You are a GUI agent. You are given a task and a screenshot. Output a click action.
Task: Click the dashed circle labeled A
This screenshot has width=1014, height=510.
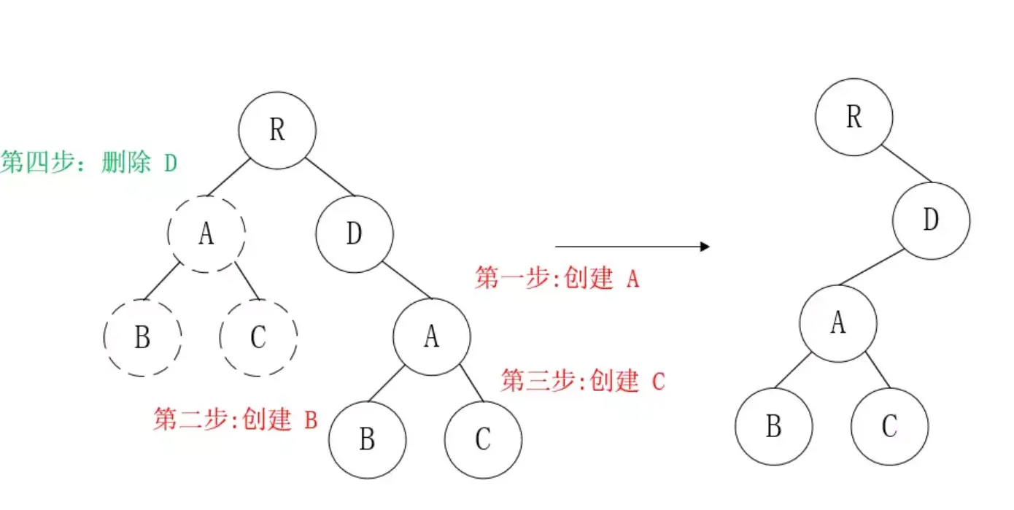[206, 234]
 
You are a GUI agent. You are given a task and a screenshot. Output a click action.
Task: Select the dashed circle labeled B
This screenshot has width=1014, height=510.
[142, 338]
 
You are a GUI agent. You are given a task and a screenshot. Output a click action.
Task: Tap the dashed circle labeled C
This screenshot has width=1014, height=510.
[258, 338]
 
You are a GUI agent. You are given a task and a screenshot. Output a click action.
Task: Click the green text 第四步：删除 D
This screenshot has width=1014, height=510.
[89, 162]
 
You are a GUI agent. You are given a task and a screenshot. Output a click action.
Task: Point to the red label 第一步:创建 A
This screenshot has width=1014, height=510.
[557, 278]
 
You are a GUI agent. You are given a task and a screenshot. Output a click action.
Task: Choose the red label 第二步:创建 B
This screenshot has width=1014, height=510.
[235, 420]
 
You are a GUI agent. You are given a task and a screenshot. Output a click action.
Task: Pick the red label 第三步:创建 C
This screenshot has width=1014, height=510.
[582, 380]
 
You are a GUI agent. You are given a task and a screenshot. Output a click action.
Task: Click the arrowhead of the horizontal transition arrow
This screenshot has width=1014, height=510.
[705, 247]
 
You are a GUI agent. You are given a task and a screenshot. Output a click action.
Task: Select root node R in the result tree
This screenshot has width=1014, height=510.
[854, 117]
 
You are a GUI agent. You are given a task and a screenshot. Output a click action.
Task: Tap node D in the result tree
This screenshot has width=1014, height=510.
[931, 220]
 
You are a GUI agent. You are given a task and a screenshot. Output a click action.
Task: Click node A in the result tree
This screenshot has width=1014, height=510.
[837, 323]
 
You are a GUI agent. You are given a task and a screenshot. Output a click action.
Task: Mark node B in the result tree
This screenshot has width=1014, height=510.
[773, 427]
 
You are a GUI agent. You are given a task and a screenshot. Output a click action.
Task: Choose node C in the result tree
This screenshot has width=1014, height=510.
[889, 427]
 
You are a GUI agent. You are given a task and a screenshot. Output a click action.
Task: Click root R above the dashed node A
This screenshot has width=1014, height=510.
[277, 131]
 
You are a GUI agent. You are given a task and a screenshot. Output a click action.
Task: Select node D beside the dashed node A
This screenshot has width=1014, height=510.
[355, 234]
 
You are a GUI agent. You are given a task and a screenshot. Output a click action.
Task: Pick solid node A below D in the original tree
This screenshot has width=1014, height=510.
[432, 337]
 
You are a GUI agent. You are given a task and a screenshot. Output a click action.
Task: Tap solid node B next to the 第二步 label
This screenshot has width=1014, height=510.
[368, 441]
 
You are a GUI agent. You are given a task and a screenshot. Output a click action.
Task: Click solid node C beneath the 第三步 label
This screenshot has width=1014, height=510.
[484, 441]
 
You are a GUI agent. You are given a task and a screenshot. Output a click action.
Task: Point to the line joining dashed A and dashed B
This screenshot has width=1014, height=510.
[161, 281]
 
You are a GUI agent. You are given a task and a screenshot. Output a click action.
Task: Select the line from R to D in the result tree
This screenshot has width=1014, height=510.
[906, 163]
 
